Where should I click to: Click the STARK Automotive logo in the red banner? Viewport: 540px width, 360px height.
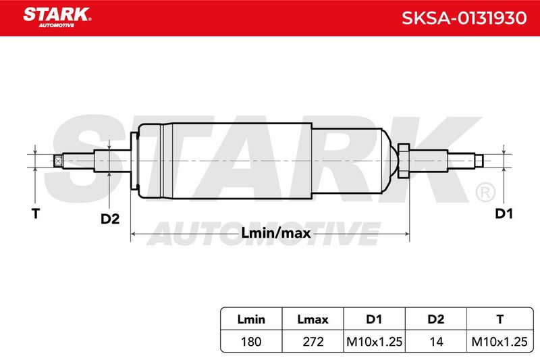point(57,18)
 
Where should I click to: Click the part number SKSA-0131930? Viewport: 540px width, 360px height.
point(464,18)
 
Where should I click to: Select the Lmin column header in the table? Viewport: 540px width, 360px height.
point(251,319)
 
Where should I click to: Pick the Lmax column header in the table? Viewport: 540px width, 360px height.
point(313,319)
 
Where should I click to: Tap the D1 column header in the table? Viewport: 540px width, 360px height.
point(374,319)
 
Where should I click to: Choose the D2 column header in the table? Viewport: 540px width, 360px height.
point(435,319)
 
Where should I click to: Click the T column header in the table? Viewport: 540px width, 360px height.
point(500,319)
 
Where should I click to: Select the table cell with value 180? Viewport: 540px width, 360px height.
point(251,342)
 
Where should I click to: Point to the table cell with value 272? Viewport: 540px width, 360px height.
point(313,342)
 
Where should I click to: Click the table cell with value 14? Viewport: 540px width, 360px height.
point(435,342)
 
